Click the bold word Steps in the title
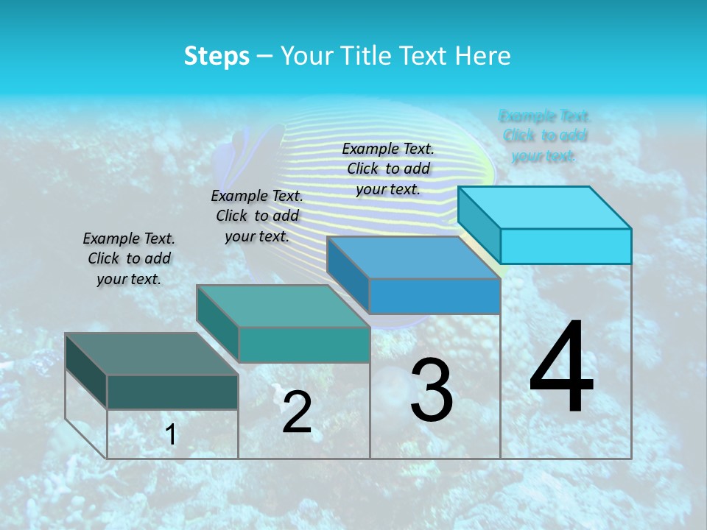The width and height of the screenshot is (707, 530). [217, 56]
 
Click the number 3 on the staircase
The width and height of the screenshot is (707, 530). [432, 390]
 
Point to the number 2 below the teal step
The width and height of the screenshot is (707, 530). [298, 413]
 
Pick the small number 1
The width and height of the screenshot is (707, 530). [171, 435]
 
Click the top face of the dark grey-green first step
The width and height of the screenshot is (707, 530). [151, 354]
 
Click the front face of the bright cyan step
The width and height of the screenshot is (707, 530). [566, 246]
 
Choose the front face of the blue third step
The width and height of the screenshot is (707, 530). [435, 296]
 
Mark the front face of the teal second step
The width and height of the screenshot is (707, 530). [303, 344]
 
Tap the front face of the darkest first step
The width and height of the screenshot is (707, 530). [172, 392]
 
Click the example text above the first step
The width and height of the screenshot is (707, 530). [129, 258]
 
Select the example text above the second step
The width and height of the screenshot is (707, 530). [257, 216]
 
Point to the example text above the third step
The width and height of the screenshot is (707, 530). [388, 169]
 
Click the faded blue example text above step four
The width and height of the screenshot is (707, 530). [544, 135]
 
